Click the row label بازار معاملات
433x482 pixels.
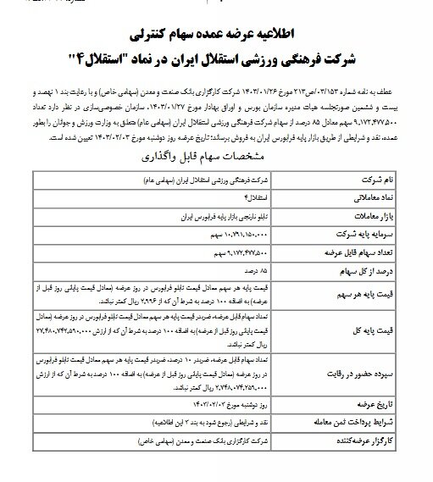pyautogui.click(x=374, y=217)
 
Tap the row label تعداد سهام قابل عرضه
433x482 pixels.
pyautogui.click(x=364, y=252)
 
